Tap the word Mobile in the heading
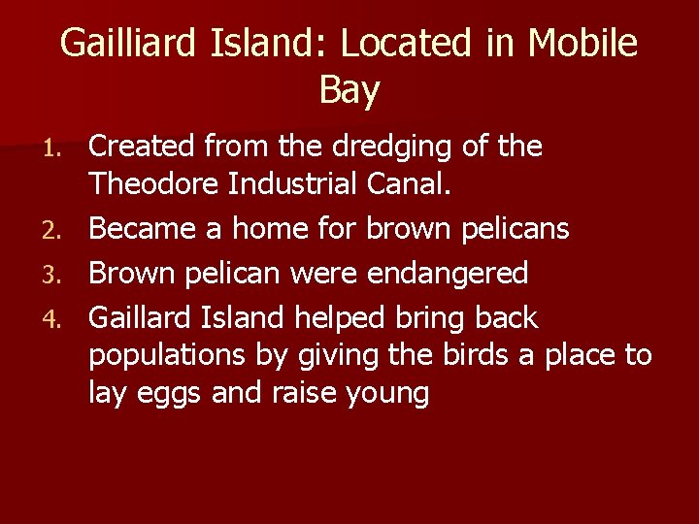pyautogui.click(x=583, y=44)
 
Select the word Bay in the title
pyautogui.click(x=349, y=91)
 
